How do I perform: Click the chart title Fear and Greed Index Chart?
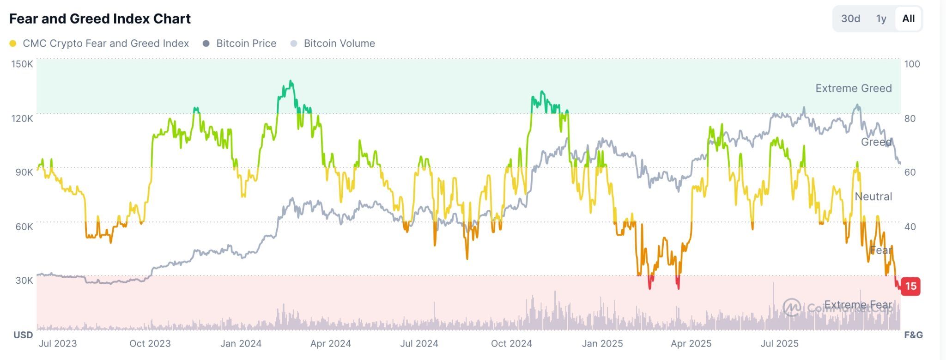[x=100, y=19]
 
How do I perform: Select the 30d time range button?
[x=850, y=19]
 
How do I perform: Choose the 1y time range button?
[x=881, y=19]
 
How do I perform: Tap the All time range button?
[x=908, y=19]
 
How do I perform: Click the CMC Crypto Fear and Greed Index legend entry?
[x=105, y=43]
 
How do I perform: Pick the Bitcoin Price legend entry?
[x=246, y=43]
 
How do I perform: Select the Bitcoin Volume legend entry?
[x=339, y=43]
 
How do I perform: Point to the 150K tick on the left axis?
[x=22, y=64]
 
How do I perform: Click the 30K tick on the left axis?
[x=24, y=281]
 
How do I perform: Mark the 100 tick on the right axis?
[x=912, y=64]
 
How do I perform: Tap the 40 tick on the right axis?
[x=910, y=226]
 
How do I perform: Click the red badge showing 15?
[x=910, y=286]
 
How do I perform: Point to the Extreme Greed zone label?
[x=853, y=88]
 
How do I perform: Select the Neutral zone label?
[x=873, y=196]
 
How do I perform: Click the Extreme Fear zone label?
[x=858, y=305]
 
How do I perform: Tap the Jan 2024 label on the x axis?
[x=241, y=344]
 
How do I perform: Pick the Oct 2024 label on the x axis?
[x=511, y=344]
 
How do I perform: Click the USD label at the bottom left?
[x=23, y=335]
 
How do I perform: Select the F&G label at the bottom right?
[x=913, y=335]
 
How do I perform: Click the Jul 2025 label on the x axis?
[x=779, y=344]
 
